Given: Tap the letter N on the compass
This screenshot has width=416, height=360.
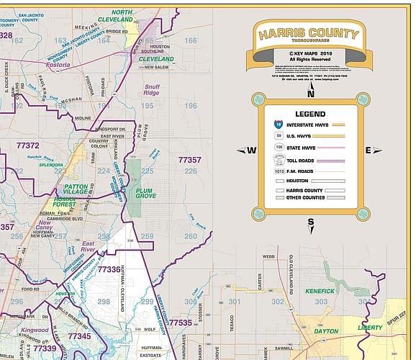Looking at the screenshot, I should (x=311, y=93).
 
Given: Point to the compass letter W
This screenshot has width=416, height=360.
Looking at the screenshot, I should (x=252, y=150).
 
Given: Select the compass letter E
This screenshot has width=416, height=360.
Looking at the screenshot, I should (x=368, y=150).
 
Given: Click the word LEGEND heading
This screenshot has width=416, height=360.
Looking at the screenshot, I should (x=310, y=114).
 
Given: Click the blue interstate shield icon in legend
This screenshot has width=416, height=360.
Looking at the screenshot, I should (x=278, y=125).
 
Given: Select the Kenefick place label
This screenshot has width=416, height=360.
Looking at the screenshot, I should (x=320, y=290).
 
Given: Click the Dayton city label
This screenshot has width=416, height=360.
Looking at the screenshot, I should (x=327, y=331).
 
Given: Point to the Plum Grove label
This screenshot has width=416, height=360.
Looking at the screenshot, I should (x=146, y=192).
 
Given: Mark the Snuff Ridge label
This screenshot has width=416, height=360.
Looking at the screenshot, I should (x=152, y=89).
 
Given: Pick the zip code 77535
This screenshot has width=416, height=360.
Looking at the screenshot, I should (x=180, y=323).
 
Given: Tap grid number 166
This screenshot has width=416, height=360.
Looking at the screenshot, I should (x=190, y=41).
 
